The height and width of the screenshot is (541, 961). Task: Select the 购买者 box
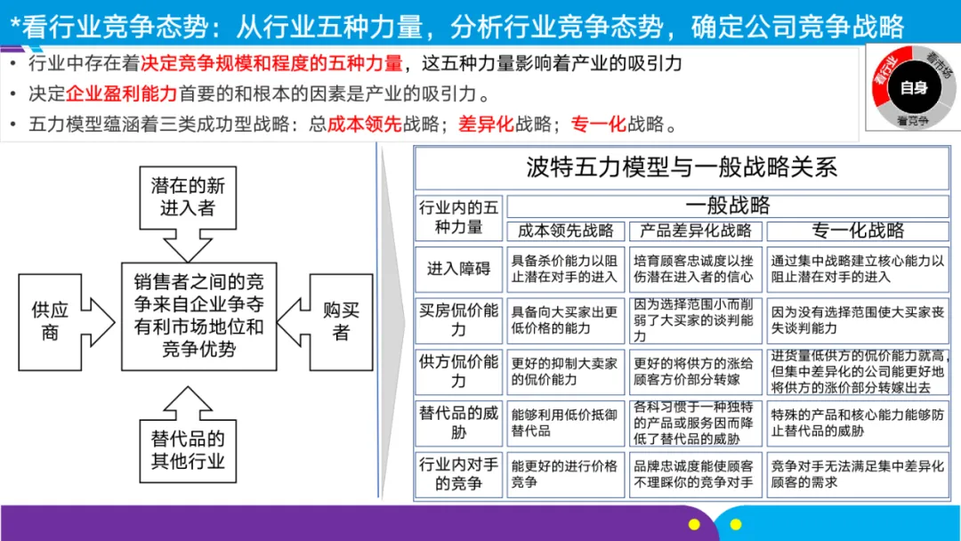pyautogui.click(x=341, y=321)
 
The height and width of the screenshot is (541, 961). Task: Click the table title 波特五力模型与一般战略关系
pyautogui.click(x=682, y=167)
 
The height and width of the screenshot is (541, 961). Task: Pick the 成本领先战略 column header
pyautogui.click(x=566, y=230)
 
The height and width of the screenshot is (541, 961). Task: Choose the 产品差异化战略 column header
pyautogui.click(x=696, y=230)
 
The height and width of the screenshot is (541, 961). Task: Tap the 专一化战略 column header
pyautogui.click(x=858, y=230)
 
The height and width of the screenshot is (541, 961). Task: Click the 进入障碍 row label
pyautogui.click(x=458, y=269)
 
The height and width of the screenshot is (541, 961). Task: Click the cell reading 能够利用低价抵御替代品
pyautogui.click(x=566, y=422)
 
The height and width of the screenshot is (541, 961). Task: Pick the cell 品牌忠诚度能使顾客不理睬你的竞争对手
pyautogui.click(x=696, y=473)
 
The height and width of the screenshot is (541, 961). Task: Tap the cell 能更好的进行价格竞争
pyautogui.click(x=566, y=473)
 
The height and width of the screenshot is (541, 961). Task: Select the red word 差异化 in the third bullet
pyautogui.click(x=486, y=124)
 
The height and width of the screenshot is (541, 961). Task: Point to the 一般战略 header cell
pyautogui.click(x=727, y=206)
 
